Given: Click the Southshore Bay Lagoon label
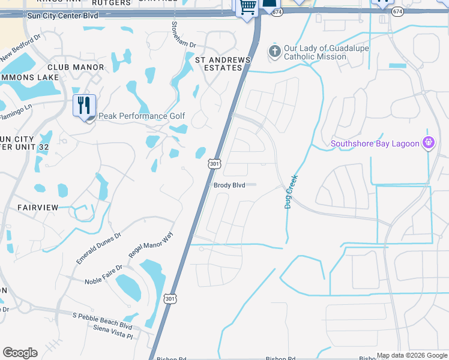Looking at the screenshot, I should [x=375, y=143].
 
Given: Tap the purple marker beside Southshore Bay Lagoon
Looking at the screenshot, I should [x=427, y=143].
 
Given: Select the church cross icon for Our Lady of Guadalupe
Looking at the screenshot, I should [x=274, y=52].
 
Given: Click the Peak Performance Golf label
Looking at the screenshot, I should [x=141, y=116].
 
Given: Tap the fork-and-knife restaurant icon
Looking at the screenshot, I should [x=84, y=105].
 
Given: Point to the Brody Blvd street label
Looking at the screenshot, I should [x=229, y=185].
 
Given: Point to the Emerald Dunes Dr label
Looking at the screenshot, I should [x=98, y=248].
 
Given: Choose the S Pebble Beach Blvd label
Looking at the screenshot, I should [x=101, y=321].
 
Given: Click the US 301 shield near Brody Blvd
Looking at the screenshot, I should [x=214, y=164].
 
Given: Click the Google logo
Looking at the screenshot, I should [x=20, y=353].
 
